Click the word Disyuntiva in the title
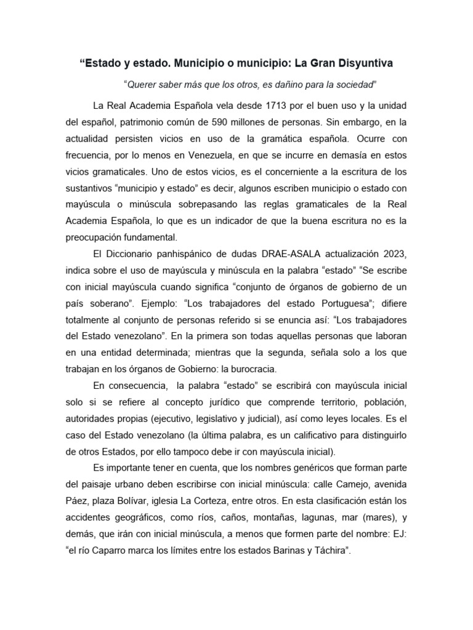coord(360,63)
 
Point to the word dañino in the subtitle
coord(279,84)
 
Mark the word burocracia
coord(249,369)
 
